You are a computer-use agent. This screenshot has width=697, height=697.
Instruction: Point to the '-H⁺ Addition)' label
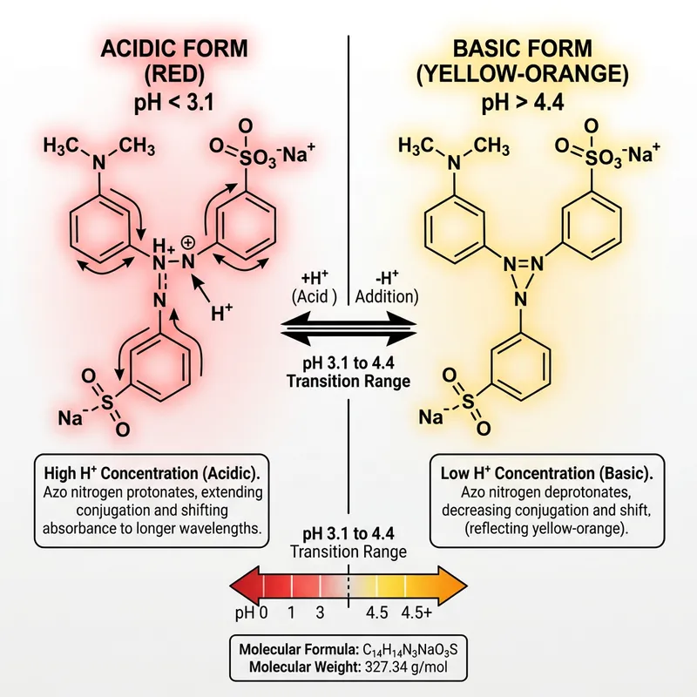click(387, 285)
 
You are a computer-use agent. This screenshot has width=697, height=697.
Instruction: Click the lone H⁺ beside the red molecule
click(222, 309)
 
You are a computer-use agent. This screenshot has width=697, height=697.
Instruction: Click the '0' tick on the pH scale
click(261, 612)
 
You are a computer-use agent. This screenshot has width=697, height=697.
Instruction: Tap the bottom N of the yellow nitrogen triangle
click(520, 298)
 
